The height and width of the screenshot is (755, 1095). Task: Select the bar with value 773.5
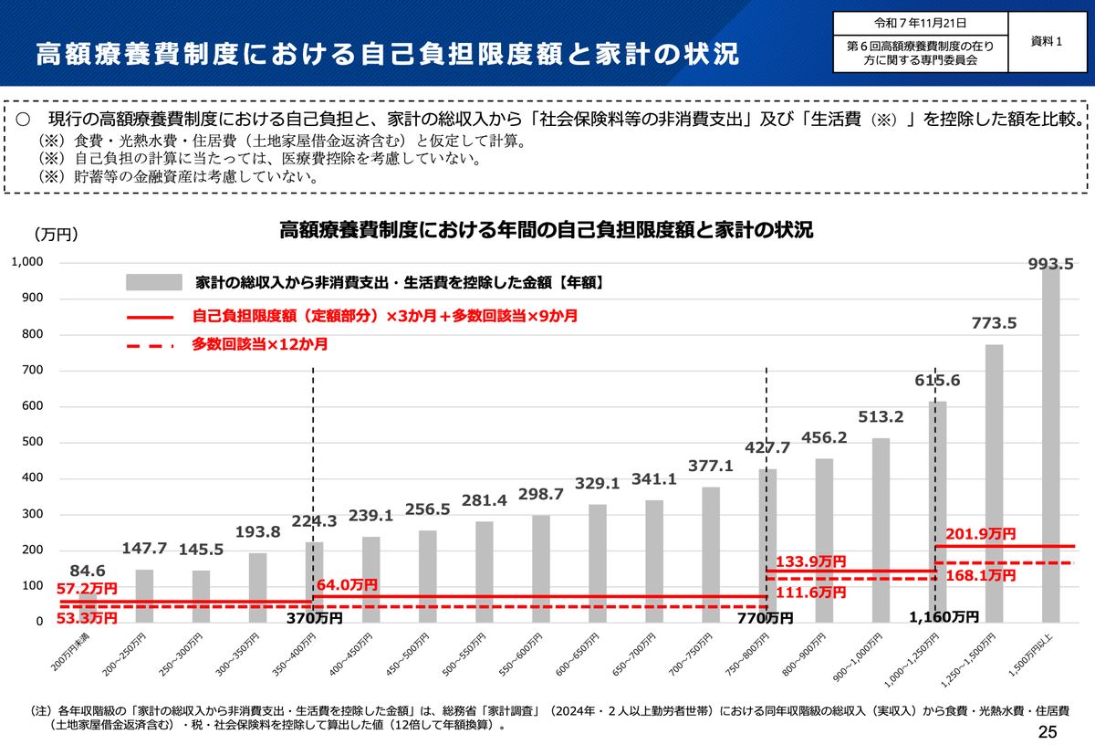point(994,483)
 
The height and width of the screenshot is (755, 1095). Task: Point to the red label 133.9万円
point(810,561)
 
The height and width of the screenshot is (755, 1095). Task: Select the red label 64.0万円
point(347,584)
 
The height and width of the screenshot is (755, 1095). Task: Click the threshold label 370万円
point(314,618)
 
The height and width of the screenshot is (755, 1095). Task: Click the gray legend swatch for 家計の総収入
point(153,282)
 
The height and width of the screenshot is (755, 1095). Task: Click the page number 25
point(1047,731)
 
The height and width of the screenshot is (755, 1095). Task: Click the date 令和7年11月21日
point(920,23)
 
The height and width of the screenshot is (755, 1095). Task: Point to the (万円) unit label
point(57,235)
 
